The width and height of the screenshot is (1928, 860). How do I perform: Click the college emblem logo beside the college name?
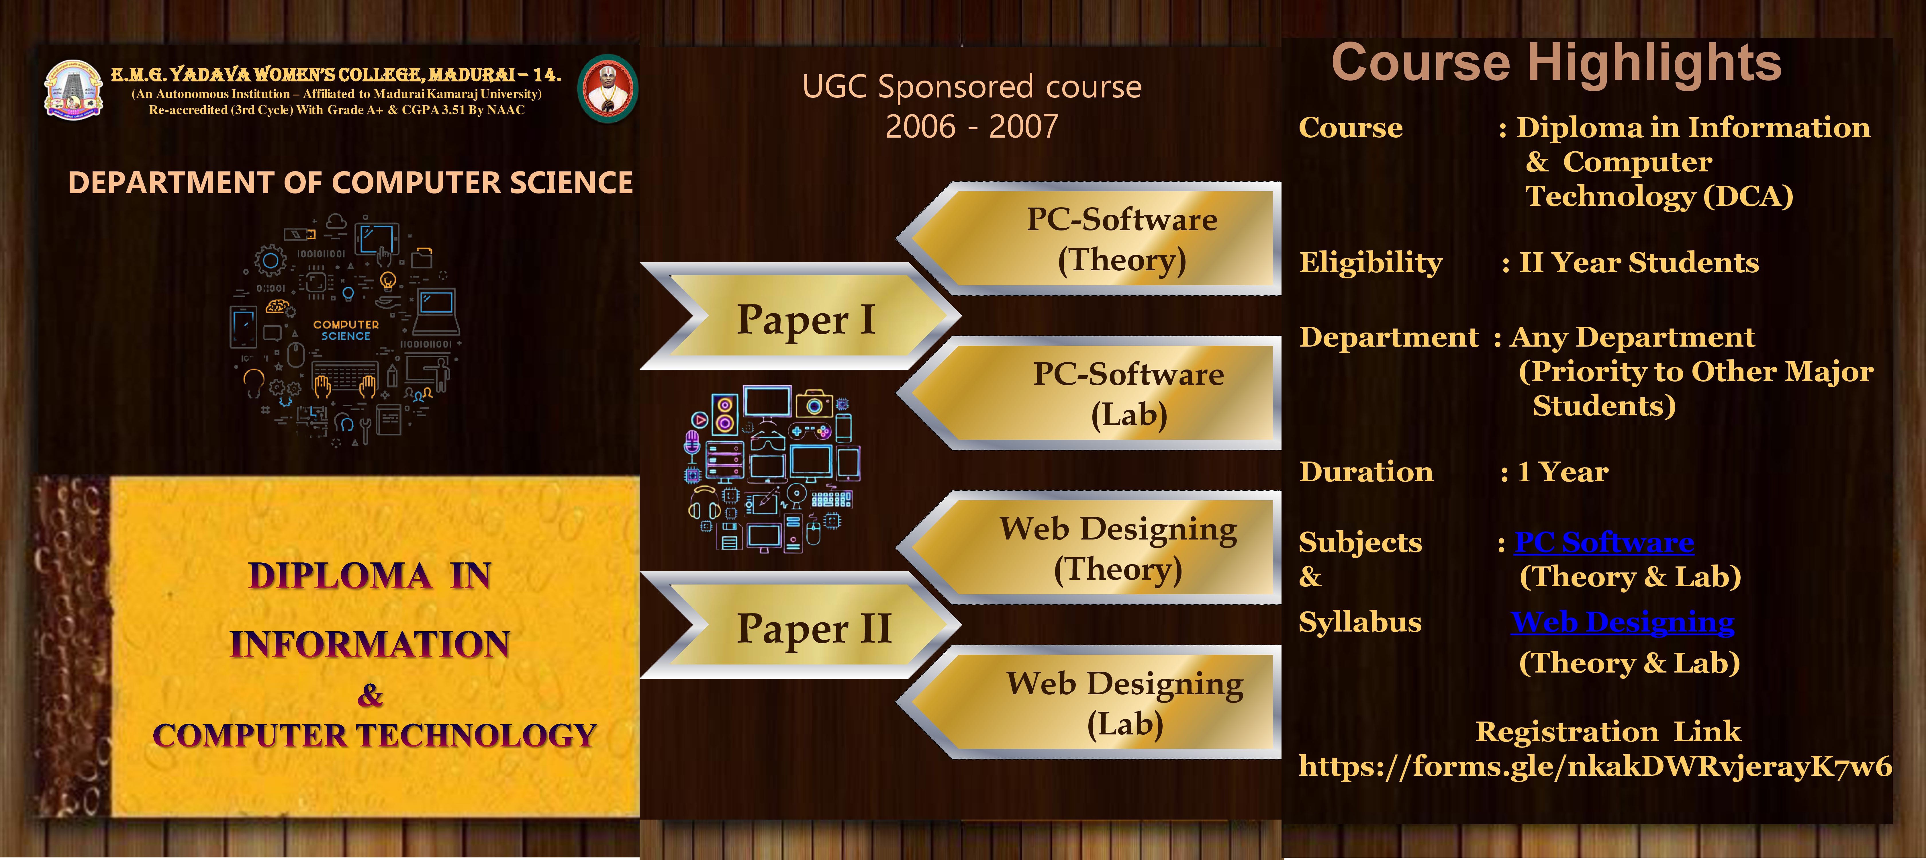pyautogui.click(x=73, y=90)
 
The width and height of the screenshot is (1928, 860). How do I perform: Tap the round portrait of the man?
pyautogui.click(x=608, y=88)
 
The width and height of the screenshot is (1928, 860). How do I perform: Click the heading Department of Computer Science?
pyautogui.click(x=350, y=183)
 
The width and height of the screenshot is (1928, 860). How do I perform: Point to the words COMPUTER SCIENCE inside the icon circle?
pyautogui.click(x=346, y=330)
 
